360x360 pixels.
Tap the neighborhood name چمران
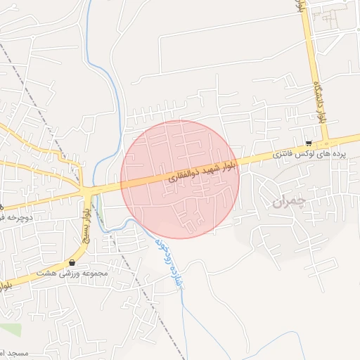pyautogui.click(x=289, y=203)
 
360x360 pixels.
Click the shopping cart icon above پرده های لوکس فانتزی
pyautogui.click(x=309, y=142)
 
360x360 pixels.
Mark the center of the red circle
pyautogui.click(x=181, y=179)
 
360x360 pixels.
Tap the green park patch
pyautogui.click(x=10, y=329)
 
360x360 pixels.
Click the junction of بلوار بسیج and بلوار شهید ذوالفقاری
pyautogui.click(x=87, y=191)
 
